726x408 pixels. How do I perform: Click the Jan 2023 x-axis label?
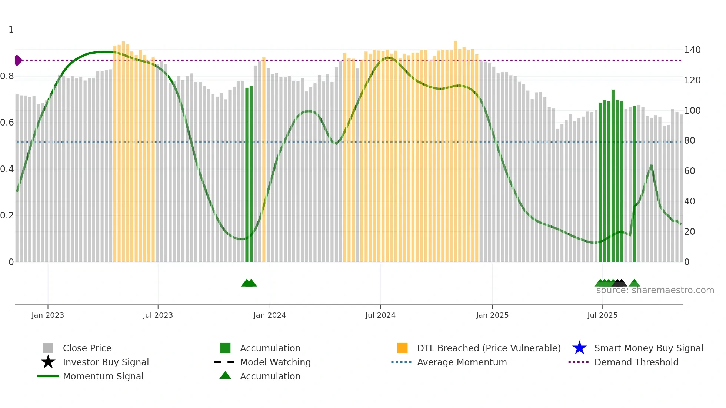coord(48,315)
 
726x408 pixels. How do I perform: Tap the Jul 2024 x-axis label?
coord(380,315)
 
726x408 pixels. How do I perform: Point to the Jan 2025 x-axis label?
coord(492,315)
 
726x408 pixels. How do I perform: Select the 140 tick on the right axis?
coord(692,50)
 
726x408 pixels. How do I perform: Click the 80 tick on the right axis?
coord(690,141)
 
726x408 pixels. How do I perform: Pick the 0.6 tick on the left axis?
coord(7,123)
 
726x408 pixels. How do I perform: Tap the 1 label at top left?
coord(11,30)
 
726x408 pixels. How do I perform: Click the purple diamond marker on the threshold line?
coord(18,60)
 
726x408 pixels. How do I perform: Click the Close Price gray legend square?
coord(48,348)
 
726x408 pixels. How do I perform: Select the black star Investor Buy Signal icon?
coord(48,362)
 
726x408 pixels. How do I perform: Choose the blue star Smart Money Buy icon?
coord(579,348)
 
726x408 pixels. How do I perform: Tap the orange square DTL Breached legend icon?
coord(402,348)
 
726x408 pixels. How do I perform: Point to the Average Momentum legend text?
coord(462,362)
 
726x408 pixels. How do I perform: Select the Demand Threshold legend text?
coord(636,362)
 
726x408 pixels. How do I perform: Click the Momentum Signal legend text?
coord(103,376)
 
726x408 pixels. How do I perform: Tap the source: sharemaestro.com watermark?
coord(655,290)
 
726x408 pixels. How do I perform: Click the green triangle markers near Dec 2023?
coord(249,283)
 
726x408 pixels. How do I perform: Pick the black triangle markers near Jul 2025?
coord(619,283)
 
